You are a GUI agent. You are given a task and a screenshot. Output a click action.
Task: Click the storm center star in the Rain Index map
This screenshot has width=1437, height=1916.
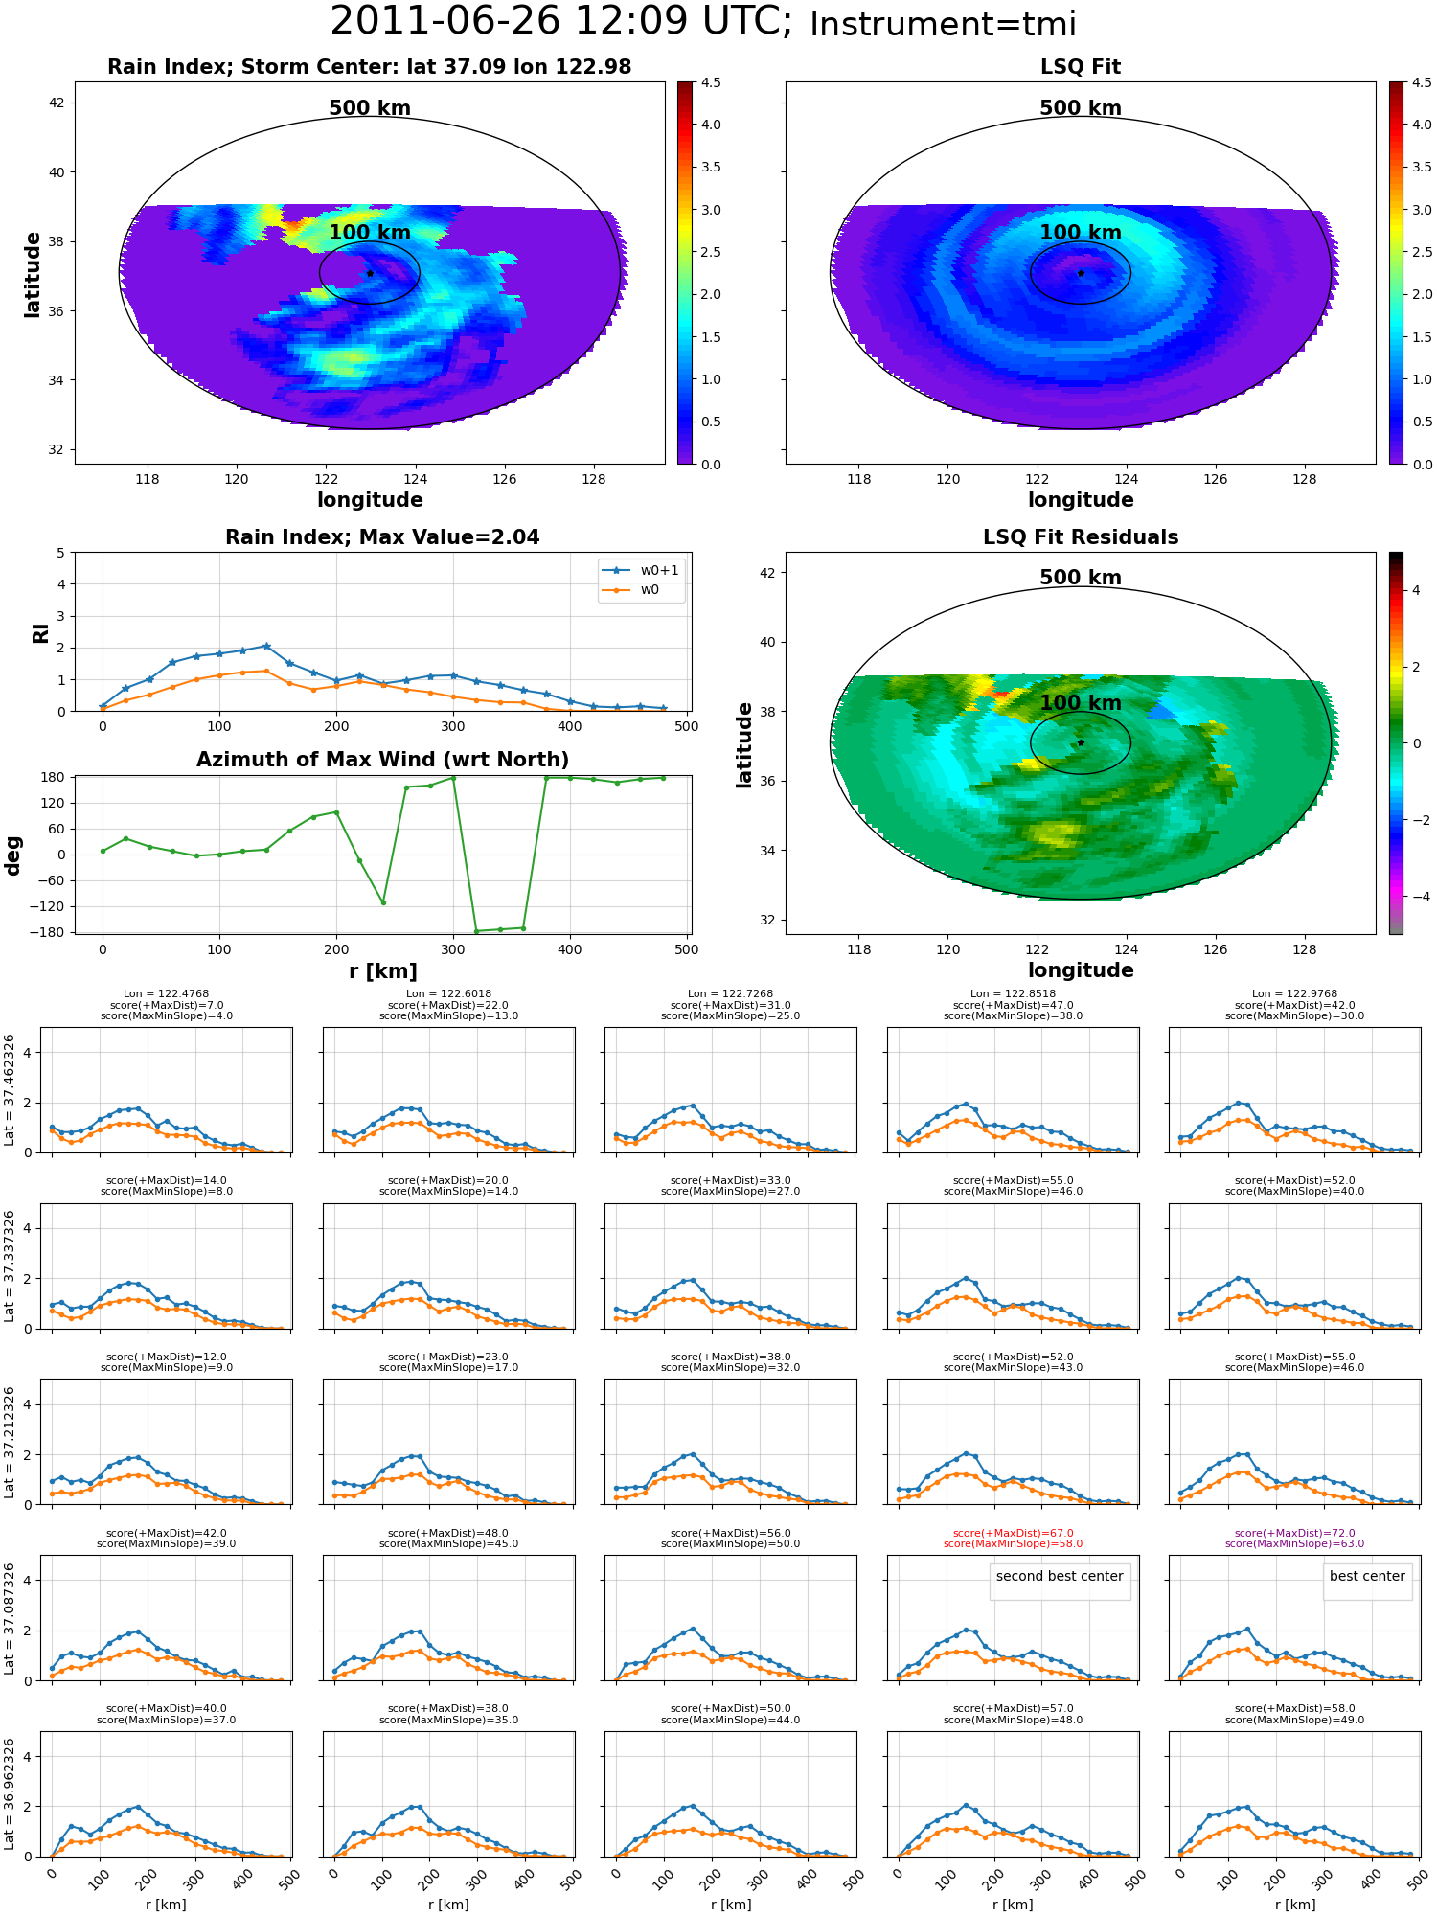pos(370,273)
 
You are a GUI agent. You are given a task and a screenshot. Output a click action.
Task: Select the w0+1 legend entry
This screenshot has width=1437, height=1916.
pos(641,570)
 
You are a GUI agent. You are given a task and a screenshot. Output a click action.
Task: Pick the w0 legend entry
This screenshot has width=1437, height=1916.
pos(631,590)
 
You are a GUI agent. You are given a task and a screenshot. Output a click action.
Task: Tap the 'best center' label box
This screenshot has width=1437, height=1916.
pos(1367,1576)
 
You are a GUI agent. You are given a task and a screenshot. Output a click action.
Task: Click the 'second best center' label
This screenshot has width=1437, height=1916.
pos(1060,1576)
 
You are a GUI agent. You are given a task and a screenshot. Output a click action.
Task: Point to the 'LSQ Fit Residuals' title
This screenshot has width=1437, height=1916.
pos(1081,537)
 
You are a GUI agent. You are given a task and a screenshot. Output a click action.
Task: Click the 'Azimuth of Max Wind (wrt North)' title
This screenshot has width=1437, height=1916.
pos(382,760)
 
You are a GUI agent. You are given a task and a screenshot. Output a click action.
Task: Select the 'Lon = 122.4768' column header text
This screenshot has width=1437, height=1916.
pos(166,994)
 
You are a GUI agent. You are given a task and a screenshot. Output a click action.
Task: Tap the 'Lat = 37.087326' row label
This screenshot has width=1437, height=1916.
pos(10,1618)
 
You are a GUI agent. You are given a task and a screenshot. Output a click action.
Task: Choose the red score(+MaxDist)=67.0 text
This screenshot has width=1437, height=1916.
pos(1013,1533)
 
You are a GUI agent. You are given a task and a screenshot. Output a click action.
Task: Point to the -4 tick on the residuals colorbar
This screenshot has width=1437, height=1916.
pos(1417,897)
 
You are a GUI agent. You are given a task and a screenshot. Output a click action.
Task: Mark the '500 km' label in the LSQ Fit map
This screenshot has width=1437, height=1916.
pos(1081,108)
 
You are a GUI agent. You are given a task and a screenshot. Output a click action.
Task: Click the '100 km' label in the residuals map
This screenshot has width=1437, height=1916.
pos(1081,702)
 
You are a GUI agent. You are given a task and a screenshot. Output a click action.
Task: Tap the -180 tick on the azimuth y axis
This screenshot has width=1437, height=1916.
pos(48,932)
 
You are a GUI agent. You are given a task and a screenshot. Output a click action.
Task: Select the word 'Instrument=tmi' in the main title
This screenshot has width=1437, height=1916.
pos(943,24)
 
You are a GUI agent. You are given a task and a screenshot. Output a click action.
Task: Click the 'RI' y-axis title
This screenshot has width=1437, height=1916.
pos(40,633)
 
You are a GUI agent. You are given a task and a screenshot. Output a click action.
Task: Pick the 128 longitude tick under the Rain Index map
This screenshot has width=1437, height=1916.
pos(593,479)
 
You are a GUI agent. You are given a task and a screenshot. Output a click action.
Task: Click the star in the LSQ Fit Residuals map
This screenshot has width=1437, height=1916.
pos(1081,742)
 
